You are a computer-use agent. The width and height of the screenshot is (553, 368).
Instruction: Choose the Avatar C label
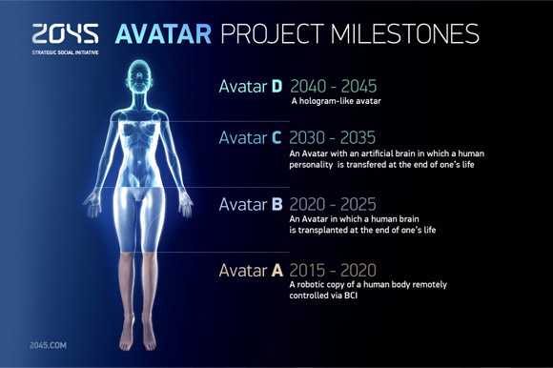coord(251,138)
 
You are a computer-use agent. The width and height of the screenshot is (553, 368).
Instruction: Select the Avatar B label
coord(251,204)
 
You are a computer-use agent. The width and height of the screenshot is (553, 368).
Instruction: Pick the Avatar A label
coord(251,270)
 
